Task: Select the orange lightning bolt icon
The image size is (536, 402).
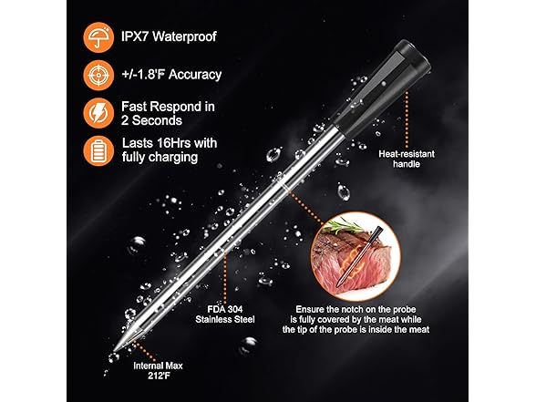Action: pyautogui.click(x=96, y=111)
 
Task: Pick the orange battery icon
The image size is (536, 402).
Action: pyautogui.click(x=96, y=149)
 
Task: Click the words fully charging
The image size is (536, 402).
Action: pyautogui.click(x=159, y=158)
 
